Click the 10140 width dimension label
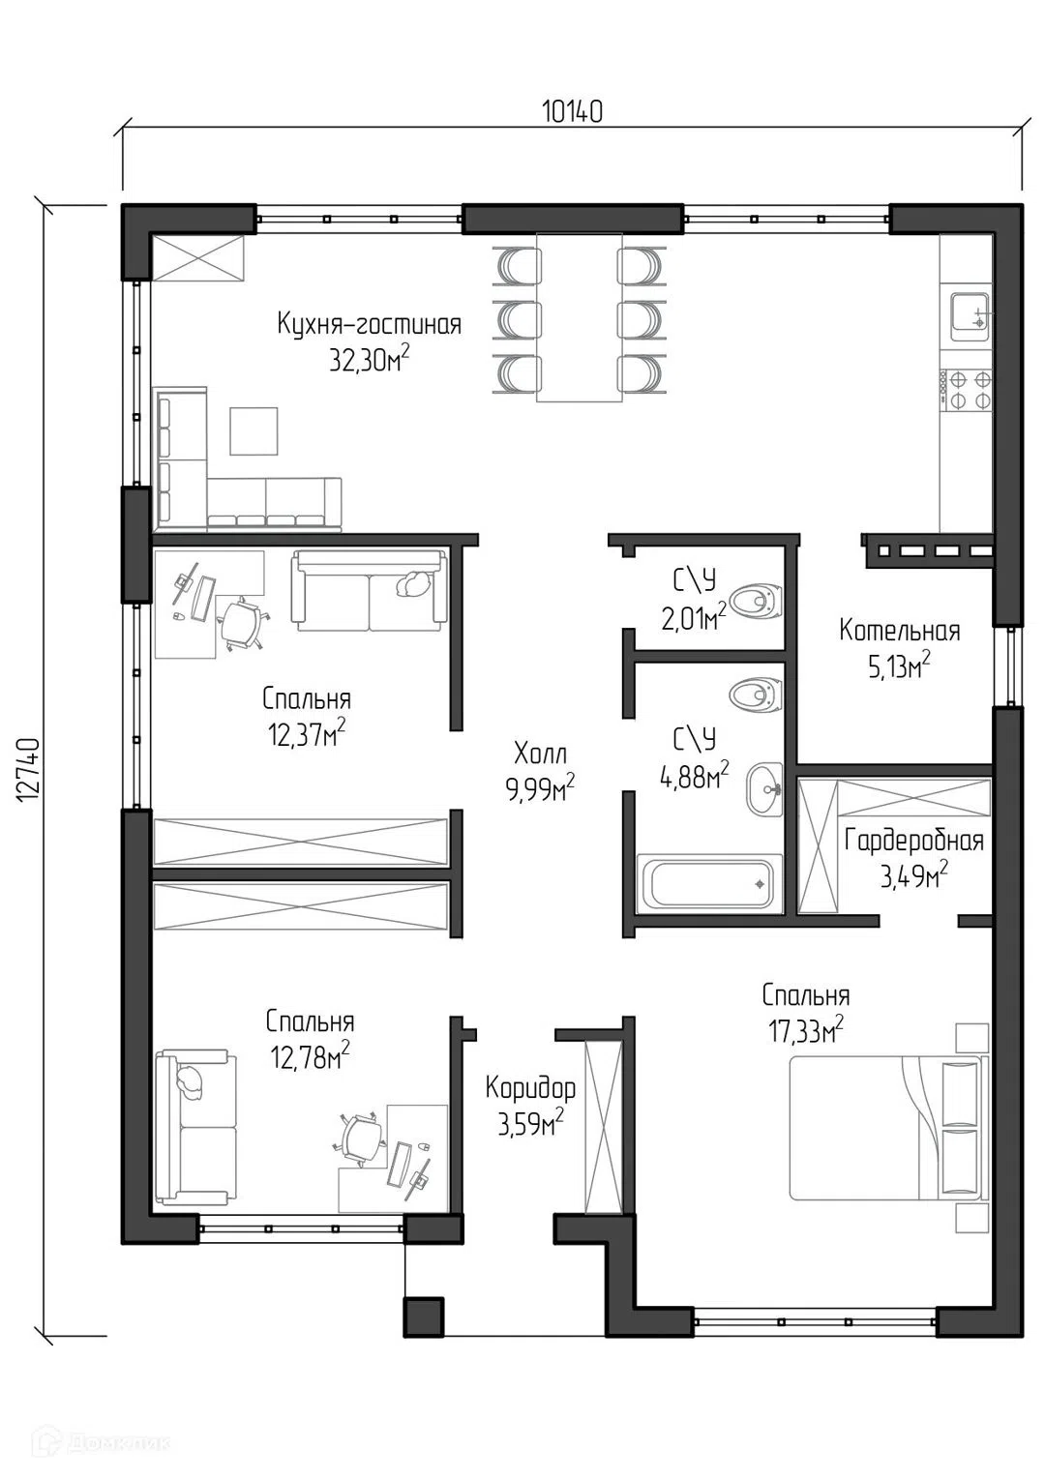[x=572, y=111]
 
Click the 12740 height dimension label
[x=30, y=771]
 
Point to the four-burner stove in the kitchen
[x=966, y=390]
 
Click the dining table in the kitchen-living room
[x=579, y=317]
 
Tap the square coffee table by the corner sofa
[x=253, y=430]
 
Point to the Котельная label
[x=899, y=631]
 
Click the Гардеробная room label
[x=914, y=841]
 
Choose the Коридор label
[x=530, y=1088]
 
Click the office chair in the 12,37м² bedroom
[x=240, y=623]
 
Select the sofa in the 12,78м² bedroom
[x=195, y=1129]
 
